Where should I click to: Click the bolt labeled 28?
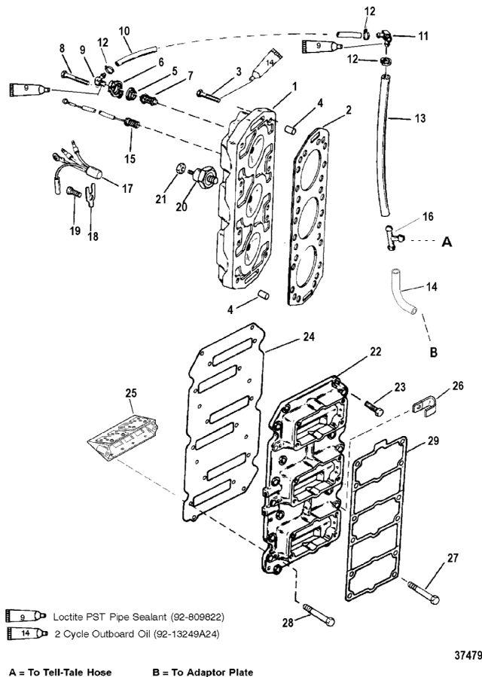319,614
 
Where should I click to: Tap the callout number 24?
308,337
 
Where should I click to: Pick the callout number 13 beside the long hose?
420,118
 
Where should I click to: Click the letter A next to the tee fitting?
447,242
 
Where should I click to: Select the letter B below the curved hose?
433,352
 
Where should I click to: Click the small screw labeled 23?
374,408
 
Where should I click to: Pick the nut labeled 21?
181,167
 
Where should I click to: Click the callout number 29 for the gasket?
433,441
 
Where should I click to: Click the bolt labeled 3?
209,96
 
